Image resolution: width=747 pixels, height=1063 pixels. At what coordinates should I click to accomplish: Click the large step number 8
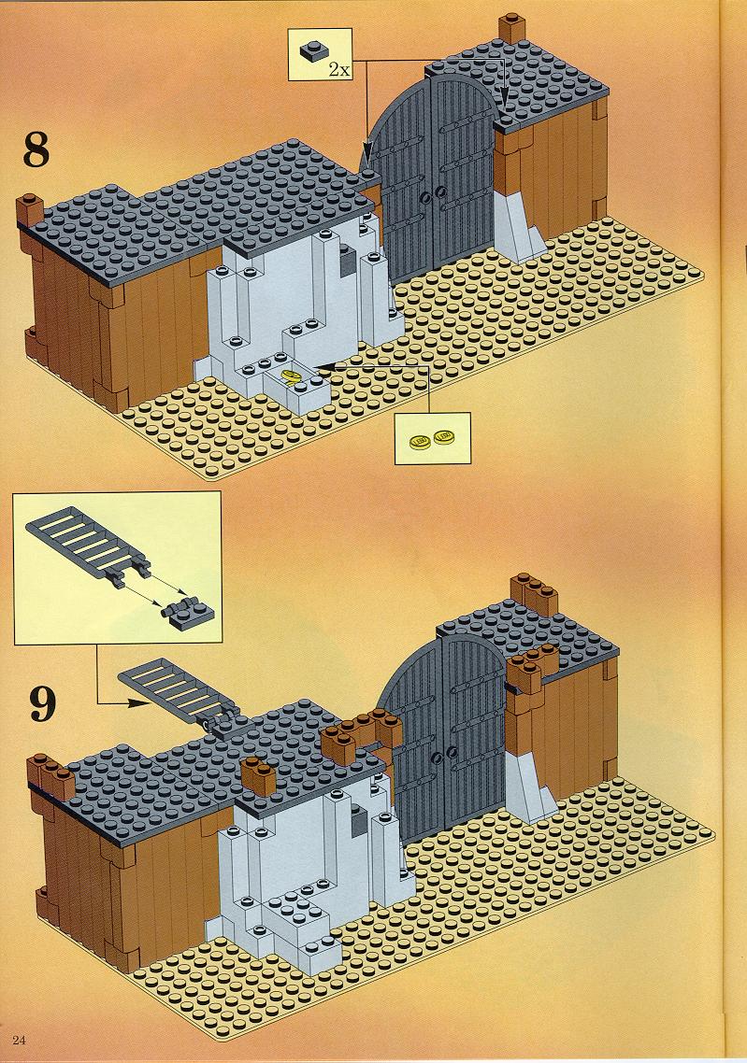click(x=36, y=149)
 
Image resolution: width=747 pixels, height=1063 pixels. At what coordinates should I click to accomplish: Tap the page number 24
click(x=19, y=1040)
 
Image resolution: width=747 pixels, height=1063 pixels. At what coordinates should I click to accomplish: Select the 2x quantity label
click(x=339, y=68)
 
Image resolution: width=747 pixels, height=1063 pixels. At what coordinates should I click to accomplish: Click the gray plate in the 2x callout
click(x=311, y=51)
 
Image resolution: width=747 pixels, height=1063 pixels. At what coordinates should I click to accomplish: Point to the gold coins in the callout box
click(x=433, y=438)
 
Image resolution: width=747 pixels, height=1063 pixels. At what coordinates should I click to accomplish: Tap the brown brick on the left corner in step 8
click(x=29, y=211)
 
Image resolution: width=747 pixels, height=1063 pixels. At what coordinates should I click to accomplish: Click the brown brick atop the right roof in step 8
click(x=513, y=29)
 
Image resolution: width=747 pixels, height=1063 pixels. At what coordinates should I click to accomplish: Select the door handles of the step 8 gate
click(x=433, y=195)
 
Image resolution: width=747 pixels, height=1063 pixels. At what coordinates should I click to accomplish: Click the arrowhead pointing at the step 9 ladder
click(x=139, y=702)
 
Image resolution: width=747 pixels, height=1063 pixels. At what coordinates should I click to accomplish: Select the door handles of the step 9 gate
click(x=443, y=754)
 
